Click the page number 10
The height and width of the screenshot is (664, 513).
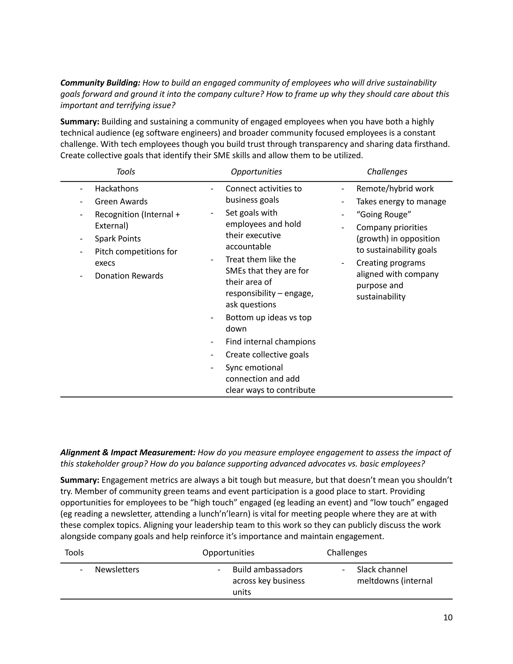[x=448, y=617]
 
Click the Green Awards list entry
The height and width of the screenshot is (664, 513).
[x=121, y=201]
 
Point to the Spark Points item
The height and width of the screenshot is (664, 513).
[x=118, y=239]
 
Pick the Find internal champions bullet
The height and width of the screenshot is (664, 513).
[x=271, y=342]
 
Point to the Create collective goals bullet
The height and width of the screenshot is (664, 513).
[x=267, y=355]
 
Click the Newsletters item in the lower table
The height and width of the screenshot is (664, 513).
[x=117, y=570]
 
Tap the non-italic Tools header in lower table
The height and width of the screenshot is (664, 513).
[x=74, y=552]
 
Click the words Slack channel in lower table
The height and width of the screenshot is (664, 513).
[x=382, y=570]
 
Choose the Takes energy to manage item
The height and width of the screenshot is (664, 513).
[x=401, y=201]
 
